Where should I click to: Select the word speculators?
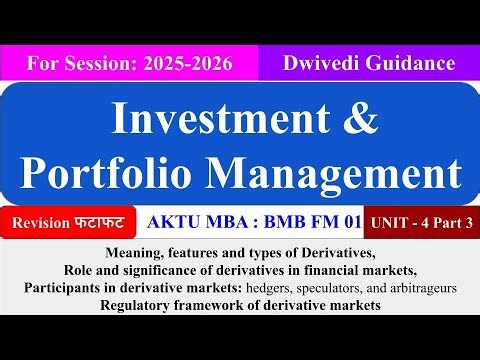(356, 288)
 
